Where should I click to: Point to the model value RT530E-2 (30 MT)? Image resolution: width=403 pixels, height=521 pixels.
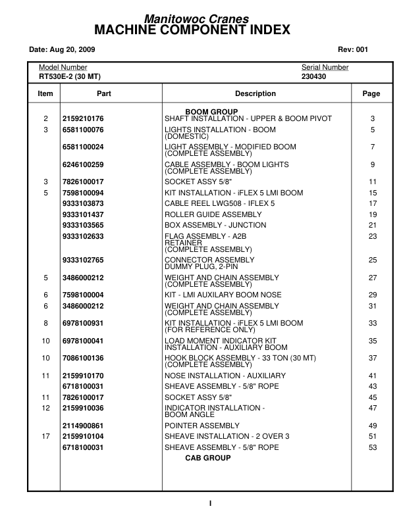click(68, 76)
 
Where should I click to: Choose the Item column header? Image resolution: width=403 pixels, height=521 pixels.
click(45, 94)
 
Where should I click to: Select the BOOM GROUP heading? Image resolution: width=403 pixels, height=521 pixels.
click(211, 112)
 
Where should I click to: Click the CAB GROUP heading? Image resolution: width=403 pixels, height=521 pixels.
click(207, 458)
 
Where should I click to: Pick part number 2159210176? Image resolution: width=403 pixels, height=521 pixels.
click(83, 118)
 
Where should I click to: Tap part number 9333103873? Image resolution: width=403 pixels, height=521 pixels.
click(83, 203)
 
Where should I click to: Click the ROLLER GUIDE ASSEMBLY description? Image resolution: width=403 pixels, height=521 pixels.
click(213, 214)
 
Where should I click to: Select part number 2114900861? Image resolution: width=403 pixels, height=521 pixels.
click(83, 426)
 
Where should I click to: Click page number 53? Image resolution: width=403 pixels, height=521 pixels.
click(372, 447)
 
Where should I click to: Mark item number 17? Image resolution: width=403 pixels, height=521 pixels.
click(45, 436)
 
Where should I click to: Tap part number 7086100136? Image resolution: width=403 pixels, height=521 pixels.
click(83, 358)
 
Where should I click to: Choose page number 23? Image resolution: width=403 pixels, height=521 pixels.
click(372, 236)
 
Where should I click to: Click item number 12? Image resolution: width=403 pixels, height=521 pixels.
click(45, 408)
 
